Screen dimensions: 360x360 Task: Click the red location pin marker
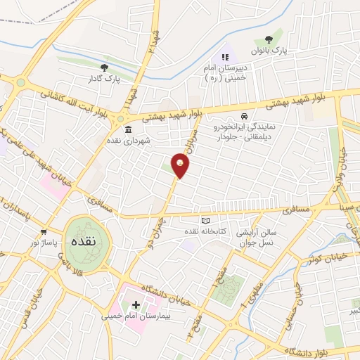coord(181,166)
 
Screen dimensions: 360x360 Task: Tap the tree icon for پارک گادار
coord(104,67)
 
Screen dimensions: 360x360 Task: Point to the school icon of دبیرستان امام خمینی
coord(225,57)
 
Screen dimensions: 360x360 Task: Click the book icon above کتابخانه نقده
coord(205,221)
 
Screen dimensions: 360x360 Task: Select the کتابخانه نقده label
coord(204,231)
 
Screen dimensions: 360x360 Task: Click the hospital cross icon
coord(136,304)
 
